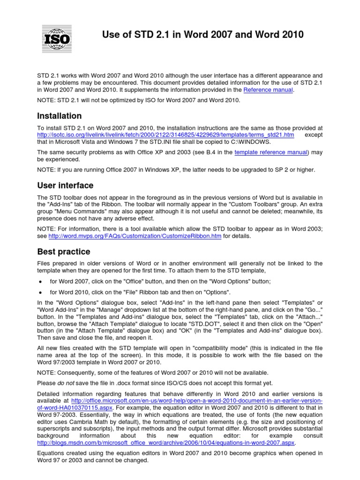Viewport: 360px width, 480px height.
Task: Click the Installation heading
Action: point(59,116)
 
